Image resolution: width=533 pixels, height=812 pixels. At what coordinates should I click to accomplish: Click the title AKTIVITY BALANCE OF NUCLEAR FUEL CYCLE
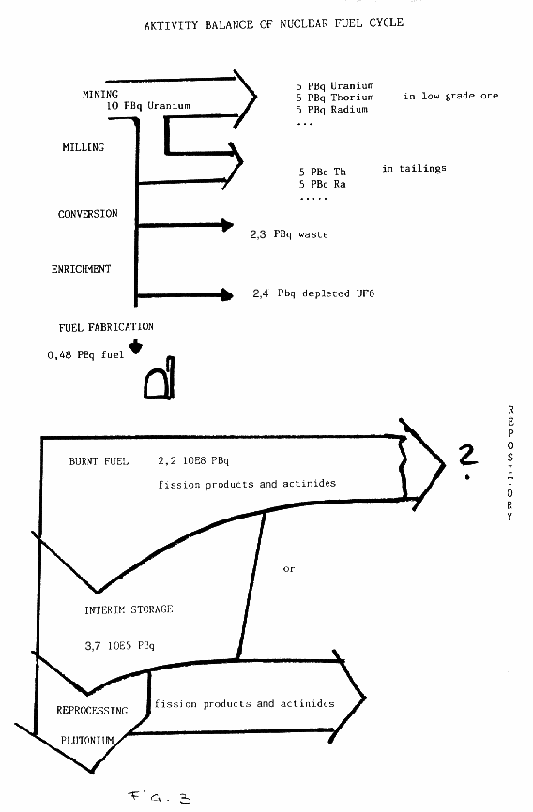(x=274, y=23)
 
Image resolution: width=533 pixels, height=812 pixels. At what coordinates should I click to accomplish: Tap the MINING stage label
(x=100, y=94)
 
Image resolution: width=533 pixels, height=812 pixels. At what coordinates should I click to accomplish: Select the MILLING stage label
(x=83, y=147)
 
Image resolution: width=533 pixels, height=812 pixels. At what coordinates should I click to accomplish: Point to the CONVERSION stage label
(x=87, y=214)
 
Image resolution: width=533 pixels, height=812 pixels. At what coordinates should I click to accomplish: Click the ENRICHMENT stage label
(x=81, y=269)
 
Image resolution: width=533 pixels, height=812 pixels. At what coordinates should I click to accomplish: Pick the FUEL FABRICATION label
(x=106, y=326)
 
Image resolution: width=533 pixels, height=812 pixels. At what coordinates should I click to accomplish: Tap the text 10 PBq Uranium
(x=148, y=106)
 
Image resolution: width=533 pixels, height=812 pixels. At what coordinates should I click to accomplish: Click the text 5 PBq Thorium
(x=335, y=98)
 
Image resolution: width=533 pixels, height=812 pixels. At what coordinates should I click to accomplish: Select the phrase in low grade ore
(x=451, y=96)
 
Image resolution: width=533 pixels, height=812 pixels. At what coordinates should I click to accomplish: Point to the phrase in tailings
(x=414, y=168)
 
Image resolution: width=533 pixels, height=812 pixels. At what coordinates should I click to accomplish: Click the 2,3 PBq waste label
(x=289, y=234)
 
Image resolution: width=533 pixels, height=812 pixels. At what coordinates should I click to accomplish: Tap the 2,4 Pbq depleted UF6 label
(x=313, y=293)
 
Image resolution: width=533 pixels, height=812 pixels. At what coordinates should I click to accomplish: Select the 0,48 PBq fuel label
(x=85, y=354)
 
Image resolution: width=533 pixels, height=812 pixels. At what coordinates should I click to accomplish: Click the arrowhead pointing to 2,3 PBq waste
(x=227, y=225)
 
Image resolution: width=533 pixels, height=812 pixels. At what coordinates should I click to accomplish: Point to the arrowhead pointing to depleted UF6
(x=227, y=294)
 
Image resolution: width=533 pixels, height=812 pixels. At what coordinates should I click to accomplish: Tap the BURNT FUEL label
(x=99, y=461)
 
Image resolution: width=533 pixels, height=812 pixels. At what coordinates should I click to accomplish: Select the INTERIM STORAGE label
(x=129, y=609)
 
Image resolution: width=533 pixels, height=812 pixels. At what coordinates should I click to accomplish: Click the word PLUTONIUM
(x=87, y=740)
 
